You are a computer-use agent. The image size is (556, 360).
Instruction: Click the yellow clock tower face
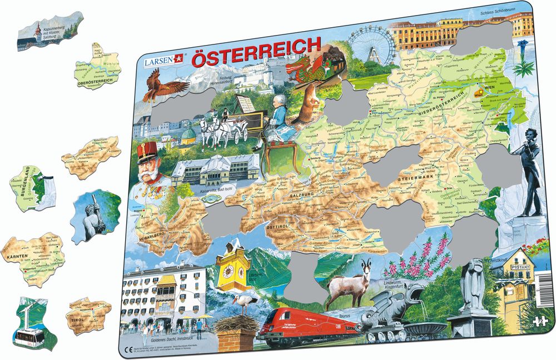229,271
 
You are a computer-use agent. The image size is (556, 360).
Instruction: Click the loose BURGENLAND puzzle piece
33,186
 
